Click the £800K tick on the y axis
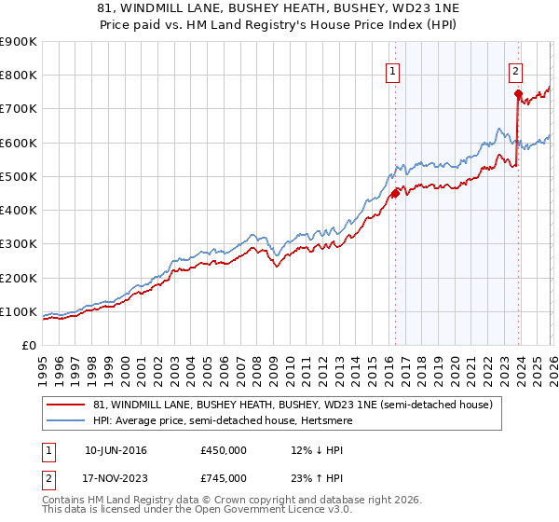pos(20,76)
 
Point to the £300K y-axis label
pos(20,244)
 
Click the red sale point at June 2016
pos(394,194)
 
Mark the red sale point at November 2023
pos(517,94)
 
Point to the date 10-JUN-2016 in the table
pos(116,450)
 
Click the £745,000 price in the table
pos(224,479)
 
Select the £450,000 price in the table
pos(224,450)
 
